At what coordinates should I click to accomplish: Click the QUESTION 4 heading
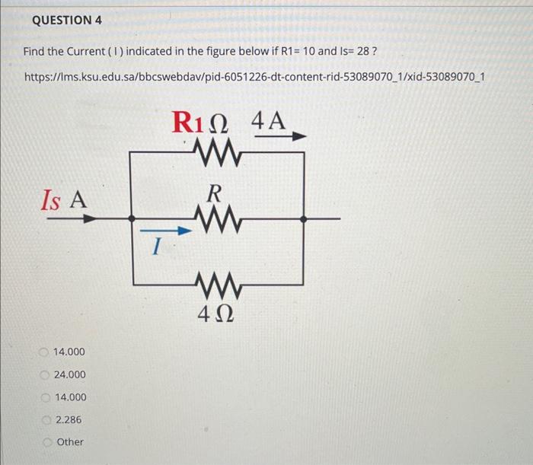pos(68,21)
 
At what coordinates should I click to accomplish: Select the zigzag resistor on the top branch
pos(217,151)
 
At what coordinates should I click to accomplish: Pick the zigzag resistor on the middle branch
pos(217,218)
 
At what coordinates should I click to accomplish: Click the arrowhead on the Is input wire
pos(91,218)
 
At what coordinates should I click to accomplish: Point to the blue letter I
pos(155,247)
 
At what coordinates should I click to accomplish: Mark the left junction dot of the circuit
pos(133,218)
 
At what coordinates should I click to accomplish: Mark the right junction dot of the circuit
pos(305,218)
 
